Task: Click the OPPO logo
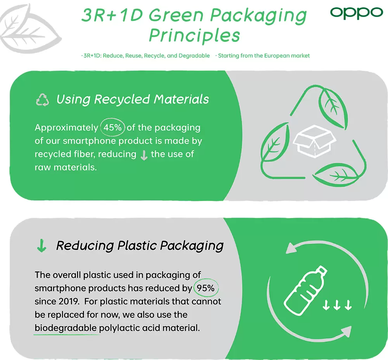click(357, 13)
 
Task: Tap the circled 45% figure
click(113, 127)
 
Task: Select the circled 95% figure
click(206, 288)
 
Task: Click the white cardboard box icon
click(314, 141)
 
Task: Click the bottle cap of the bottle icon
click(322, 270)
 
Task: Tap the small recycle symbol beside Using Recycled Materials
click(42, 100)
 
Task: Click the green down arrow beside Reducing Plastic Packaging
click(42, 246)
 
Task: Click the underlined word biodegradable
click(66, 328)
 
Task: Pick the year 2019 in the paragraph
click(69, 301)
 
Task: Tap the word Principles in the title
click(194, 36)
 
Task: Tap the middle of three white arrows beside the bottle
click(337, 305)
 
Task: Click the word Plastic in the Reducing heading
click(137, 246)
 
